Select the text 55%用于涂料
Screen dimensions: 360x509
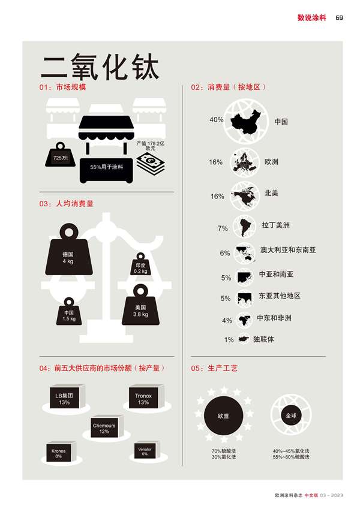pyautogui.click(x=107, y=167)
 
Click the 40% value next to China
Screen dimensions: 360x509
pyautogui.click(x=217, y=120)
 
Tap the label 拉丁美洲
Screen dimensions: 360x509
pyautogui.click(x=275, y=225)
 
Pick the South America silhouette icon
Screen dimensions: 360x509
pyautogui.click(x=244, y=227)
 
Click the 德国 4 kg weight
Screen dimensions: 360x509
pyautogui.click(x=68, y=250)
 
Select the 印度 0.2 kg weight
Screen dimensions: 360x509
pyautogui.click(x=140, y=264)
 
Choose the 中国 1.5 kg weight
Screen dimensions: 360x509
pyautogui.click(x=68, y=312)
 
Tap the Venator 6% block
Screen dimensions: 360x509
pyautogui.click(x=147, y=450)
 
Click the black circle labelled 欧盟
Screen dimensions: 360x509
pyautogui.click(x=224, y=415)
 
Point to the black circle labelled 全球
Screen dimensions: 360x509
pyautogui.click(x=291, y=415)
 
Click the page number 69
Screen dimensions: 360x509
pyautogui.click(x=339, y=18)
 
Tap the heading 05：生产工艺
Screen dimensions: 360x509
pyautogui.click(x=214, y=368)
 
